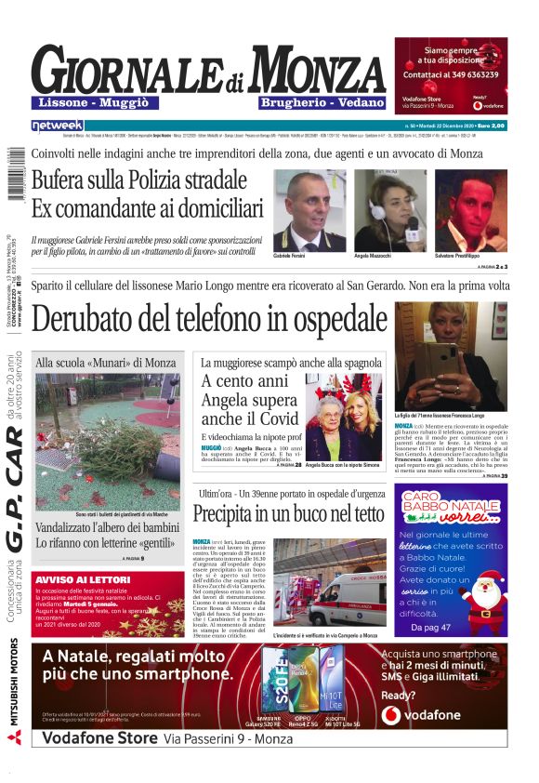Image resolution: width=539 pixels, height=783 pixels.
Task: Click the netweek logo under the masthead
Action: pos(57,126)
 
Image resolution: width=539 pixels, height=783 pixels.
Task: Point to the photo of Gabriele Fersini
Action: pos(309,209)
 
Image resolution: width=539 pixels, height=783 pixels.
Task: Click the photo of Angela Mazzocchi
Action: pos(388,209)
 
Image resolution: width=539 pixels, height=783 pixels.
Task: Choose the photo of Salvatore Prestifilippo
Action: pos(470,209)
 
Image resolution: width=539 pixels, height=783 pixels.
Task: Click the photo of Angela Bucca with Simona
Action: pos(343,416)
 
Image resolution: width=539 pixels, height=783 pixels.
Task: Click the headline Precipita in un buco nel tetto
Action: pos(288,513)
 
